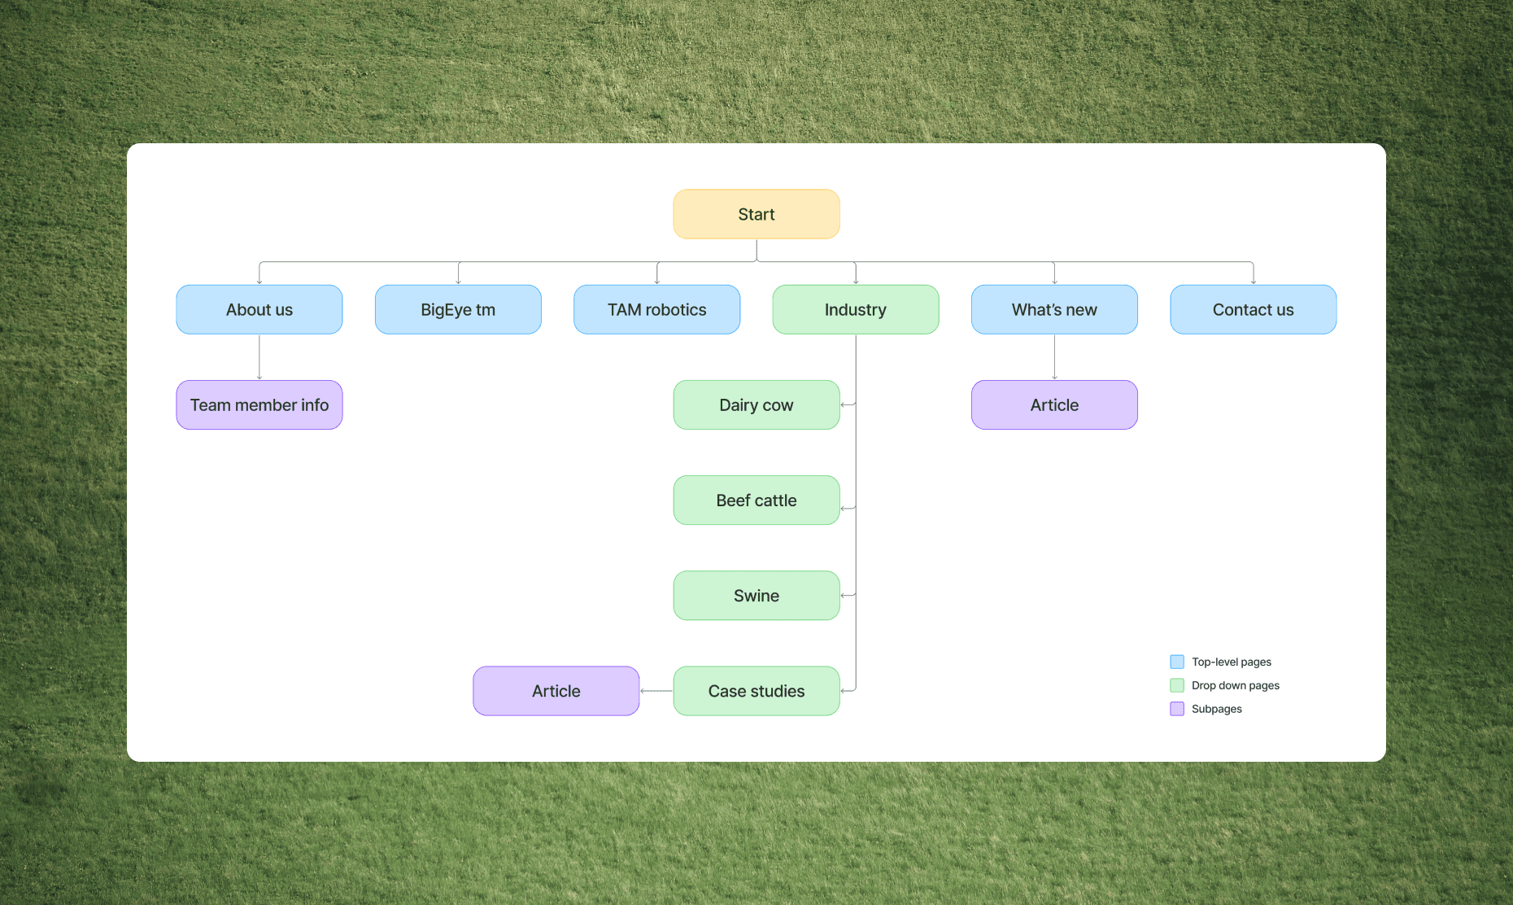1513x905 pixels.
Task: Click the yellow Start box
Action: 756,214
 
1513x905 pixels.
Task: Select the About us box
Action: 259,309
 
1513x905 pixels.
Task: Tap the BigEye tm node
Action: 458,309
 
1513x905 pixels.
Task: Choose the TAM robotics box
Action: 657,309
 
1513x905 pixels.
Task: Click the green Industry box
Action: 856,309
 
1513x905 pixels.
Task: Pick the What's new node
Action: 1054,309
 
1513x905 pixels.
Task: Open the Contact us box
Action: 1253,309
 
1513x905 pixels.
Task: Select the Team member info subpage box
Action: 259,404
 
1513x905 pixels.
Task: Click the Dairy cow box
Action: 756,404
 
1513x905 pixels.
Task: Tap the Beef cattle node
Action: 756,500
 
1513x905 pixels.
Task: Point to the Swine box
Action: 756,595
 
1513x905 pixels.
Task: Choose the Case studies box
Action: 756,691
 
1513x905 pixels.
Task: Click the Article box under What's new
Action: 1054,404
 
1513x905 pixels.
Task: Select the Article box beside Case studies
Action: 556,691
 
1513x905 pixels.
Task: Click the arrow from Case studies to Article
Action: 656,691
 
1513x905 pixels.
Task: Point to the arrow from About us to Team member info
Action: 259,357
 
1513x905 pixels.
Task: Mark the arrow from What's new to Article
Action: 1054,357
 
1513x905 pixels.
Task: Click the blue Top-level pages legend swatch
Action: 1177,662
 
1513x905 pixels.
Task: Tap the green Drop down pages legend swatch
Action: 1177,685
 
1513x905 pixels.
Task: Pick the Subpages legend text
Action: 1216,709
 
